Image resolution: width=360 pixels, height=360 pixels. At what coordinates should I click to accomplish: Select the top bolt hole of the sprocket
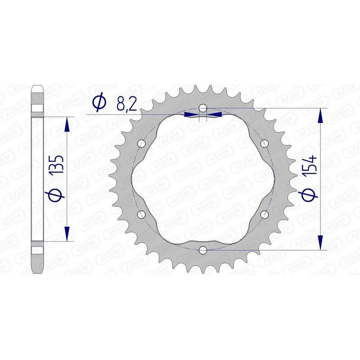click(203, 108)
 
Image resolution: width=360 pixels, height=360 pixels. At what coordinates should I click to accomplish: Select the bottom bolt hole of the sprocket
click(203, 249)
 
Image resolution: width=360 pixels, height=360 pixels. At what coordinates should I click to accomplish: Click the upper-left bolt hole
click(143, 144)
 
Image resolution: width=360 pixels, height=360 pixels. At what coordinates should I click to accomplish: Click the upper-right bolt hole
click(264, 144)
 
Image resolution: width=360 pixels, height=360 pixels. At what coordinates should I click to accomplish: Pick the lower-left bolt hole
click(143, 214)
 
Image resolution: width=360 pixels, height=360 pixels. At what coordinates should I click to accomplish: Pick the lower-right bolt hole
click(264, 214)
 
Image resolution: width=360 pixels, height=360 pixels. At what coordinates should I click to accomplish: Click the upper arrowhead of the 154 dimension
click(320, 115)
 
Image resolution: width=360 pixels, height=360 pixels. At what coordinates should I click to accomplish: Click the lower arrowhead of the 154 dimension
click(320, 243)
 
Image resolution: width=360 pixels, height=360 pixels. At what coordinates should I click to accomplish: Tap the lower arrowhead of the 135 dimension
click(67, 234)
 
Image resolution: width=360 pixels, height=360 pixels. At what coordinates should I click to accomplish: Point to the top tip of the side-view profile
click(37, 85)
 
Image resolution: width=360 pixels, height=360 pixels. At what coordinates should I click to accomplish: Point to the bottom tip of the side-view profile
click(37, 273)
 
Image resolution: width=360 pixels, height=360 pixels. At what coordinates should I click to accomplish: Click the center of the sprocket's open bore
click(203, 179)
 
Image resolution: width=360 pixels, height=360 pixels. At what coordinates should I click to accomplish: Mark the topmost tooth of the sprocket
click(203, 85)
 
